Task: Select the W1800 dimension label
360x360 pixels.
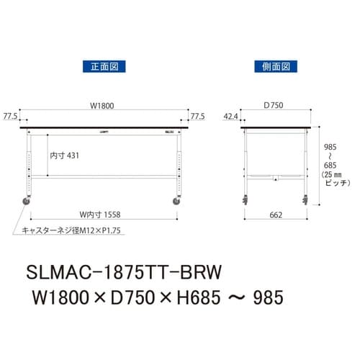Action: [102, 105]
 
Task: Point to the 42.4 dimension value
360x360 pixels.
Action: [230, 115]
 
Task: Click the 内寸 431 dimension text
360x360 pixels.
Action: [65, 156]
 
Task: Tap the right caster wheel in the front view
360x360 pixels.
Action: [176, 202]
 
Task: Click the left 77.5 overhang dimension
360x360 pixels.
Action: [11, 115]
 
